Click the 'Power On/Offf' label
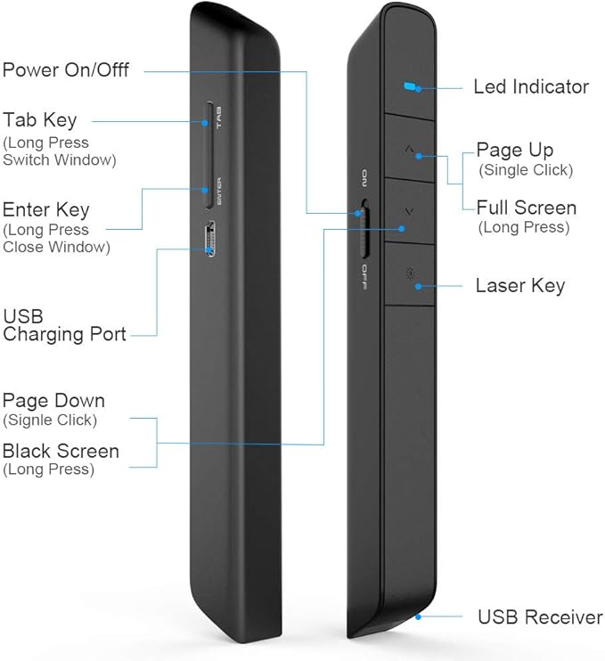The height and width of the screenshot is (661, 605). tap(66, 69)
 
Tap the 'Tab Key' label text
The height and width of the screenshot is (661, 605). tap(40, 120)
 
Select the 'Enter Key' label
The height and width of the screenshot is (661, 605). tap(46, 210)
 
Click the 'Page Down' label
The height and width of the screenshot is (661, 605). tap(53, 401)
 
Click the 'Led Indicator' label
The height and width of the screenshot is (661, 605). tap(531, 87)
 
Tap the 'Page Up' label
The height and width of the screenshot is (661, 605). tap(515, 150)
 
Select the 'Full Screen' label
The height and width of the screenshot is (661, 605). tap(527, 208)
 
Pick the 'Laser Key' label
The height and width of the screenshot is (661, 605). tap(520, 286)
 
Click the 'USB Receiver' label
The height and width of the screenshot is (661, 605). tap(540, 616)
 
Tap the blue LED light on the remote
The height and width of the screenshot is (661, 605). tap(409, 87)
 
